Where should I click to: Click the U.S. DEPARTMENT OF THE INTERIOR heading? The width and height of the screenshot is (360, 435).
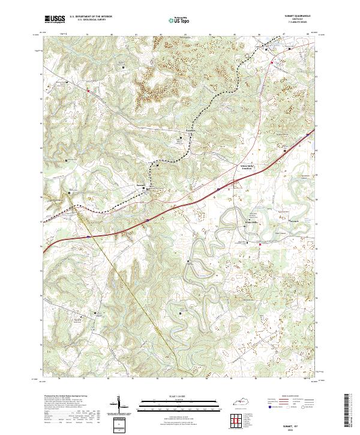point(90,16)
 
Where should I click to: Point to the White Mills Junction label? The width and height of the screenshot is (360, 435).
point(242,167)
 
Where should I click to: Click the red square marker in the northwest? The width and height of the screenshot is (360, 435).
point(88,91)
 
